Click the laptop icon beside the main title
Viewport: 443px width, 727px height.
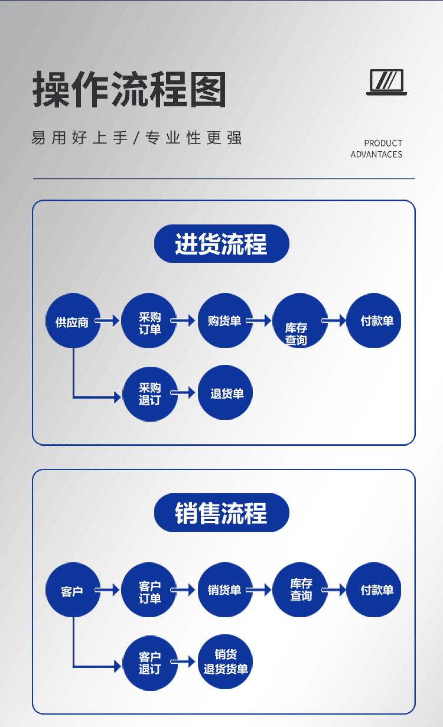click(387, 82)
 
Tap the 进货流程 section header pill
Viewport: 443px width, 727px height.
click(221, 244)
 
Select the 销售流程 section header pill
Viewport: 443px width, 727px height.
click(221, 513)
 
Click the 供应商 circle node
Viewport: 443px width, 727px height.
click(73, 321)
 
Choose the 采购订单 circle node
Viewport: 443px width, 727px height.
click(149, 321)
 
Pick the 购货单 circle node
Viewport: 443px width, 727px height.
click(224, 321)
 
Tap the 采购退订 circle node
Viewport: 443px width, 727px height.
click(149, 394)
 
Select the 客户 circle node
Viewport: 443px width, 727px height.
click(73, 590)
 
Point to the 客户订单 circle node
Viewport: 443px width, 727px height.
click(149, 590)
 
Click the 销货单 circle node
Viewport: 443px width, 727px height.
click(224, 590)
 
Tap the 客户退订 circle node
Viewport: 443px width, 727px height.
click(149, 663)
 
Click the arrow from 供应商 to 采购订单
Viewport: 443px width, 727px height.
click(108, 321)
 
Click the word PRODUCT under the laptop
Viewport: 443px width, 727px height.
click(383, 143)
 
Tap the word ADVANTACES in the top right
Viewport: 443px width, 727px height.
click(376, 155)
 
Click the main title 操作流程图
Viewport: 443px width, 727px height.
click(129, 89)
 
